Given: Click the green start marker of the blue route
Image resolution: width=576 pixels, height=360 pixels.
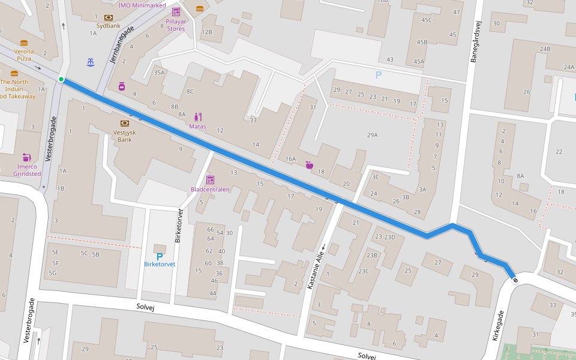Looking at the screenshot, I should click(61, 79).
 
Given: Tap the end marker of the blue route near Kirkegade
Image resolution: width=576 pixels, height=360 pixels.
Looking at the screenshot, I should click(515, 280).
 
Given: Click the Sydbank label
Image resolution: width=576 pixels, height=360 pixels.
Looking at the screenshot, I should click(108, 26).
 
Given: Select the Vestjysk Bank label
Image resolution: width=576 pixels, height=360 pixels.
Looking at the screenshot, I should click(125, 136).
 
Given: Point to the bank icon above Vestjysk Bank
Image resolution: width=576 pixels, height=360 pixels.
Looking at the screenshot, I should click(125, 123).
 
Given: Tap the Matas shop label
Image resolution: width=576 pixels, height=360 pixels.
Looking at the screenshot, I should click(197, 127).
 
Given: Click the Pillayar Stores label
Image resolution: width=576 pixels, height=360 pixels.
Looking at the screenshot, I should click(176, 25).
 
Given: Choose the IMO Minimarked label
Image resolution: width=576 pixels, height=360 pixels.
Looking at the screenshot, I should click(142, 5).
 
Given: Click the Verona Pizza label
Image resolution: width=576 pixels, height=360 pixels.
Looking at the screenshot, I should click(24, 55).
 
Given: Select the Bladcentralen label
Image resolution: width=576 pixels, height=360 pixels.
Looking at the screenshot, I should click(210, 190).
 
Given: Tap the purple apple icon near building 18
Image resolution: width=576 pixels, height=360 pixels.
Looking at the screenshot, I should click(310, 164).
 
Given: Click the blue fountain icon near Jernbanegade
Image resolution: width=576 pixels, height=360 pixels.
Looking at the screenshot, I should click(90, 62).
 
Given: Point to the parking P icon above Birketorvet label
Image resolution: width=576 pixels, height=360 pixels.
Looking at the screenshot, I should click(160, 256).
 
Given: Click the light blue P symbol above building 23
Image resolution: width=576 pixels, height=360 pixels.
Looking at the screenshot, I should click(378, 75).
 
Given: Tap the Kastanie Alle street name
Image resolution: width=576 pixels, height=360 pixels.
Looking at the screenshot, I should click(316, 264).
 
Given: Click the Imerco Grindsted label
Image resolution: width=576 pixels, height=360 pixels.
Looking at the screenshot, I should click(27, 170).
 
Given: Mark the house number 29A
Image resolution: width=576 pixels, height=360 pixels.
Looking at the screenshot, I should click(372, 135).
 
